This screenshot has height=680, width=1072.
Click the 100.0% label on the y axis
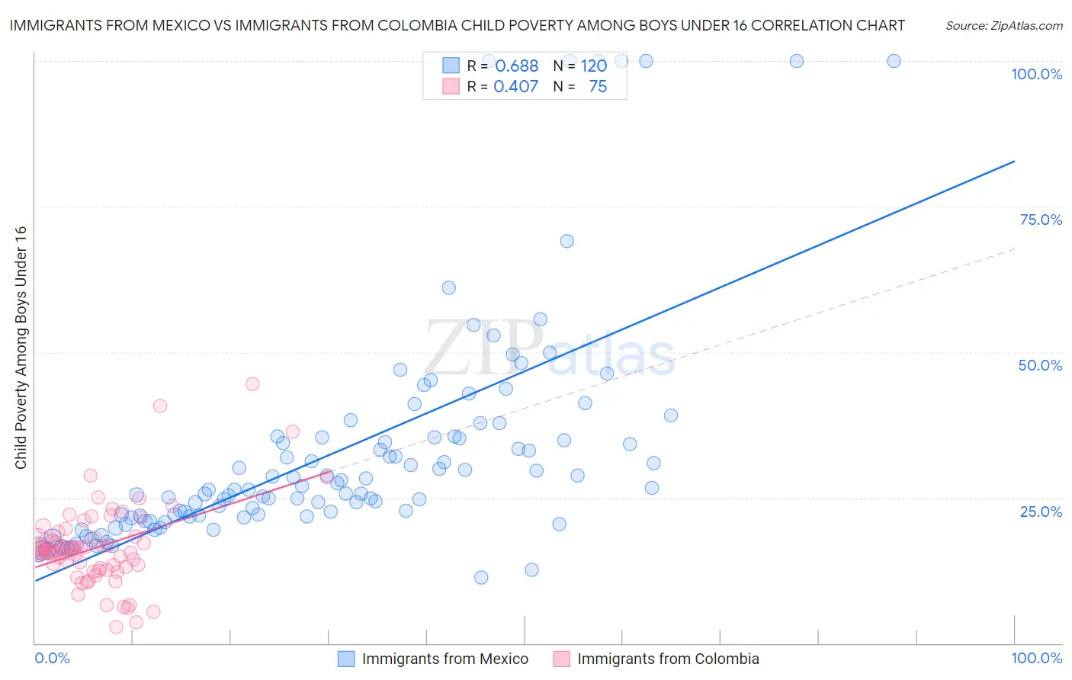pyautogui.click(x=1036, y=74)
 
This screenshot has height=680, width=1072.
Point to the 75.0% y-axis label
pyautogui.click(x=1041, y=220)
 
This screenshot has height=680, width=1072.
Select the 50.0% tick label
pyautogui.click(x=1040, y=365)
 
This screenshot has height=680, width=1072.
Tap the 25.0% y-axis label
pyautogui.click(x=1041, y=512)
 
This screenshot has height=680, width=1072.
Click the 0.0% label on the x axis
pyautogui.click(x=52, y=659)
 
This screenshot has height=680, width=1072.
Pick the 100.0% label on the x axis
pyautogui.click(x=1036, y=659)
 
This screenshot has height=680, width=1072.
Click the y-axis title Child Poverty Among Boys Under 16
pyautogui.click(x=21, y=348)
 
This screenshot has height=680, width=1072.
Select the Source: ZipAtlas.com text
pyautogui.click(x=1003, y=26)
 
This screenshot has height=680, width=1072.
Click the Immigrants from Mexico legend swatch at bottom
pyautogui.click(x=346, y=659)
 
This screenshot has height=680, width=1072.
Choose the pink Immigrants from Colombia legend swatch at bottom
pyautogui.click(x=562, y=659)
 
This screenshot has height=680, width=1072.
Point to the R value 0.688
pyautogui.click(x=516, y=66)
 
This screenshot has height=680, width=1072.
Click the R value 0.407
pyautogui.click(x=515, y=87)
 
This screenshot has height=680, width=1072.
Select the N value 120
pyautogui.click(x=593, y=66)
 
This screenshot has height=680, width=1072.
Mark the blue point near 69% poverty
pyautogui.click(x=566, y=241)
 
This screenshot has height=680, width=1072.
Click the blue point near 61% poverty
pyautogui.click(x=448, y=288)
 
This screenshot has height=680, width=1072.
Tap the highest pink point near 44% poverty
pyautogui.click(x=252, y=384)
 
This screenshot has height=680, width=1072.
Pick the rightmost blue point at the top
pyautogui.click(x=894, y=61)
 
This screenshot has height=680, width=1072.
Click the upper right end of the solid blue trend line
pyautogui.click(x=1014, y=162)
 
